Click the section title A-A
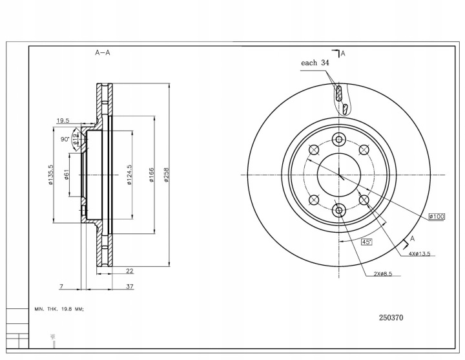click(102, 53)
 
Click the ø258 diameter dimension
click(167, 175)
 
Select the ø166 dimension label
click(150, 175)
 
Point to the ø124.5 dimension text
click(130, 175)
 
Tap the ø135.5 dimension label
click(50, 175)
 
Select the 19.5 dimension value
click(63, 121)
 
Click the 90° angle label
click(65, 139)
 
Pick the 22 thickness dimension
click(129, 271)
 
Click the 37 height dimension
click(129, 286)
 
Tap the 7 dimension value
click(60, 286)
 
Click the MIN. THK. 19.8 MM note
click(59, 310)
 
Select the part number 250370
click(391, 317)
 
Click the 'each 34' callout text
click(315, 63)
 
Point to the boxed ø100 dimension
click(436, 217)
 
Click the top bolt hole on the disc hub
click(339, 140)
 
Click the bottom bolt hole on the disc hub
click(339, 209)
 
